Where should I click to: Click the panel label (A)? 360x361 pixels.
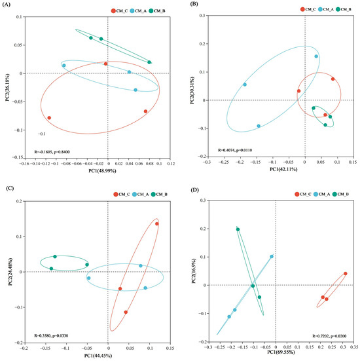pos(6,4)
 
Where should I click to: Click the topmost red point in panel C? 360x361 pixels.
pos(157,224)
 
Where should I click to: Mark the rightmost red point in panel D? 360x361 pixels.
pos(345,274)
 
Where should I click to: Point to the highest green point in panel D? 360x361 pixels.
pos(238,229)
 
